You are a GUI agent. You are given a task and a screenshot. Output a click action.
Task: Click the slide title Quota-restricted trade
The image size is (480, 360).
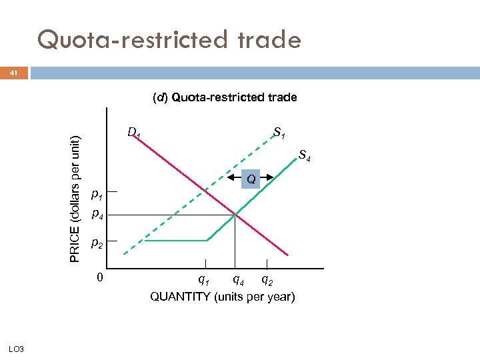[169, 40]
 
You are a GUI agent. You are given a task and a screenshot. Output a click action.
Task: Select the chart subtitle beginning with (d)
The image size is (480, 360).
[225, 97]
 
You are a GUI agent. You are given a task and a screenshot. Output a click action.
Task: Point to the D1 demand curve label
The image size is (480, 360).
[134, 133]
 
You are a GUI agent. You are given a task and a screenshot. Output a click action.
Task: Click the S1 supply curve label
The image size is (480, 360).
[279, 136]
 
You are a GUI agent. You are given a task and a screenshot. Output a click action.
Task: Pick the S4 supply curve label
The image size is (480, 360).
[305, 157]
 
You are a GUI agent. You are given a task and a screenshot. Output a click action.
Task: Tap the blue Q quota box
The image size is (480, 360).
[251, 179]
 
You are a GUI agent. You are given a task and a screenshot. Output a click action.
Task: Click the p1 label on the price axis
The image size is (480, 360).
[97, 195]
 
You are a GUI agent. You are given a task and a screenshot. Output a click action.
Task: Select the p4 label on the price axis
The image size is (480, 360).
[97, 215]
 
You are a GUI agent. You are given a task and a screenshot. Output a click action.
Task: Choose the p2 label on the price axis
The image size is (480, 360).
[97, 245]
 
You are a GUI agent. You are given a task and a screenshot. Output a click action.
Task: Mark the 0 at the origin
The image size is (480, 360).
[99, 277]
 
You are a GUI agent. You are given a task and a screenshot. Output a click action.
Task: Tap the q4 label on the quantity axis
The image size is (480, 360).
[237, 279]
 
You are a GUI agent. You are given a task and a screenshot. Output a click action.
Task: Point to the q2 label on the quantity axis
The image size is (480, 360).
[267, 279]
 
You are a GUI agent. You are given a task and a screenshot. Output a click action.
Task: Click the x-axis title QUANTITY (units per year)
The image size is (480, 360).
[223, 296]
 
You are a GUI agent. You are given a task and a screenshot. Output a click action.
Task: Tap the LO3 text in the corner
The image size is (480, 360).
[17, 349]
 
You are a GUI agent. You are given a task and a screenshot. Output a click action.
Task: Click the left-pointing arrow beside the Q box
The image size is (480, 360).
[233, 177]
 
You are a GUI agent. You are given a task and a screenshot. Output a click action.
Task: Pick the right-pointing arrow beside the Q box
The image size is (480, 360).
[268, 177]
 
